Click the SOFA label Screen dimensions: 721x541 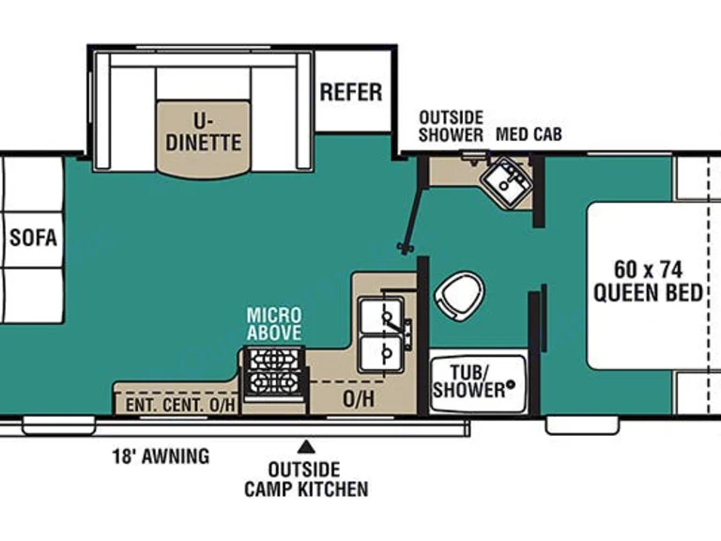click(33, 238)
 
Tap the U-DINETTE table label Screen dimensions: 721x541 click(203, 131)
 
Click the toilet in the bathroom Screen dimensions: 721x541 click(459, 296)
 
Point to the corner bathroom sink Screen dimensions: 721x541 click(506, 182)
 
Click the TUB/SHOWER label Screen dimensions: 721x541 click(468, 381)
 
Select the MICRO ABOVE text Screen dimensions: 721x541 click(274, 323)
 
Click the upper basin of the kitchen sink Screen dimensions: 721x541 click(381, 316)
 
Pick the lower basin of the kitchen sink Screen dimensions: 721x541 click(381, 353)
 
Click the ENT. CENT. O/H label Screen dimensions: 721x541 click(180, 406)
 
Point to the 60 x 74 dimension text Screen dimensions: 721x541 click(649, 270)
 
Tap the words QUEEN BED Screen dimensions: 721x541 click(649, 293)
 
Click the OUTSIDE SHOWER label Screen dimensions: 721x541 click(451, 126)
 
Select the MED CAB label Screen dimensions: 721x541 click(529, 134)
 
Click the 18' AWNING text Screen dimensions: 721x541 click(161, 456)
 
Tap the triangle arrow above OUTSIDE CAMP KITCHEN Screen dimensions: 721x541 click(306, 447)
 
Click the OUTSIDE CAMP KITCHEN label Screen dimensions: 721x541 click(306, 479)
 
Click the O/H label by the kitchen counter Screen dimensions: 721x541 click(359, 399)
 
